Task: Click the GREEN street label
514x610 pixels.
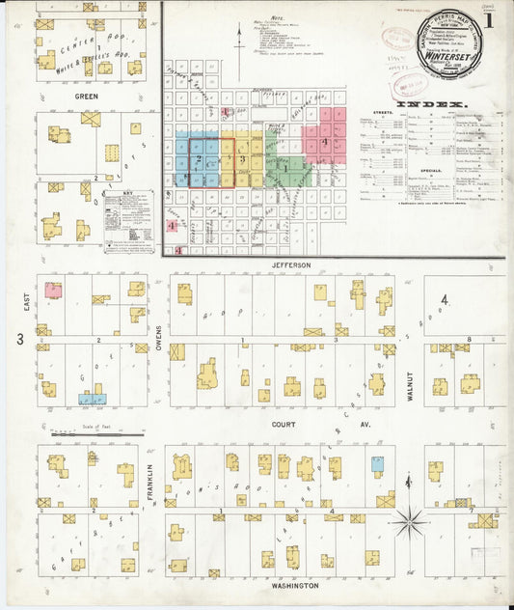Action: click(x=86, y=97)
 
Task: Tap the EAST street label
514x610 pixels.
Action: click(x=20, y=301)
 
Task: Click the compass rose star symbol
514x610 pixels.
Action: click(x=409, y=522)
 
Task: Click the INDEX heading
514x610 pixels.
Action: click(x=430, y=103)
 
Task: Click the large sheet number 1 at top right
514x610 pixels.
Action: click(x=491, y=18)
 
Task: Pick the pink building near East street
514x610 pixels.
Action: click(x=53, y=290)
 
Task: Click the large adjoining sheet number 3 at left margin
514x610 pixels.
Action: click(x=19, y=339)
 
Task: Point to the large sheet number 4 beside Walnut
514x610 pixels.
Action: click(x=444, y=301)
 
